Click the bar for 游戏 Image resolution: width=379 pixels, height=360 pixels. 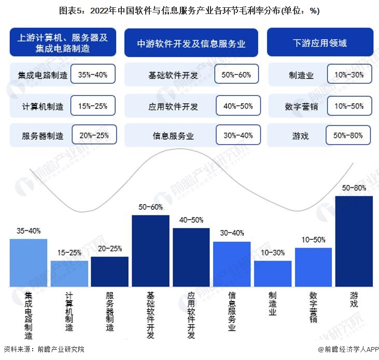(x=354, y=241)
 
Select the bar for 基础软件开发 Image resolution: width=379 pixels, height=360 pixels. (x=150, y=251)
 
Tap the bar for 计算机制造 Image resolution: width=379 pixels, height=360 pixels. (x=69, y=273)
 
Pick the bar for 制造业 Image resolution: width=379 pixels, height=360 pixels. (x=273, y=273)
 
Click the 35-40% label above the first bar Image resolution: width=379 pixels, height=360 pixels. (x=29, y=231)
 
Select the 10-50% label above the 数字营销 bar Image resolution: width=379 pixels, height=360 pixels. (x=313, y=239)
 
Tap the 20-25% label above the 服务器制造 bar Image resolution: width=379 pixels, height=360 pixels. (x=109, y=249)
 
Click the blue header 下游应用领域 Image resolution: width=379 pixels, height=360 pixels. (x=320, y=42)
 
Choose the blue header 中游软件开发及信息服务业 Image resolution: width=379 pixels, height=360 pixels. (x=192, y=43)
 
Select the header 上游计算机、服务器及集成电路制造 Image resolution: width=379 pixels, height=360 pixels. (x=63, y=42)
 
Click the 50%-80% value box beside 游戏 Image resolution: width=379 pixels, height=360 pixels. (x=348, y=136)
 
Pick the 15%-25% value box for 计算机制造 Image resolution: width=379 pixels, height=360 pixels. (x=92, y=106)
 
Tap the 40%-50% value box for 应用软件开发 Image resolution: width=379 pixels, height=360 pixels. (x=238, y=106)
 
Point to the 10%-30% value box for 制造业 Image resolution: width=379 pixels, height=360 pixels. (x=349, y=75)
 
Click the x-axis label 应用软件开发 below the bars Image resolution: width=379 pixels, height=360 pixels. (x=191, y=314)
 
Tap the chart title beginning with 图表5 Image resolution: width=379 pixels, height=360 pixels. (x=189, y=10)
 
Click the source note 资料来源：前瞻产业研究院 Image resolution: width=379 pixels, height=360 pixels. (x=44, y=349)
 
